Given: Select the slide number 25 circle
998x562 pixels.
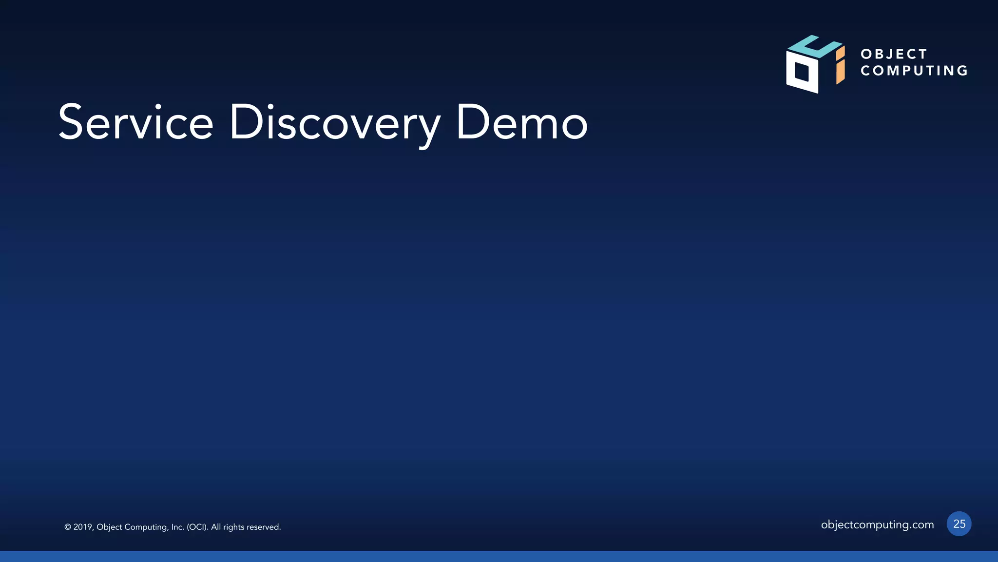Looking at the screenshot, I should tap(959, 524).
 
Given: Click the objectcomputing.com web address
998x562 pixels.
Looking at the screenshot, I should tap(877, 524).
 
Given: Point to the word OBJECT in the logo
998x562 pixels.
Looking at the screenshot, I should tap(894, 54).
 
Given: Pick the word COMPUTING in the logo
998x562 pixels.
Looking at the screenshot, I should tap(914, 71).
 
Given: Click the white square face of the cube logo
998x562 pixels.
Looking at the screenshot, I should tap(802, 72).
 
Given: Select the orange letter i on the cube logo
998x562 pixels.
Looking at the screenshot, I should tap(840, 65).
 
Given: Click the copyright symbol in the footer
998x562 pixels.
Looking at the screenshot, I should tap(68, 527).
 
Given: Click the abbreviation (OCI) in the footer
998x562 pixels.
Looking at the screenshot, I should tap(197, 527).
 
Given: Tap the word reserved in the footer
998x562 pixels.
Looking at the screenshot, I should tap(263, 527).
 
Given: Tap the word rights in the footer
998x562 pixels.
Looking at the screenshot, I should tap(233, 527).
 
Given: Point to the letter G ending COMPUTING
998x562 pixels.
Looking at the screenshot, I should tap(962, 71).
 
